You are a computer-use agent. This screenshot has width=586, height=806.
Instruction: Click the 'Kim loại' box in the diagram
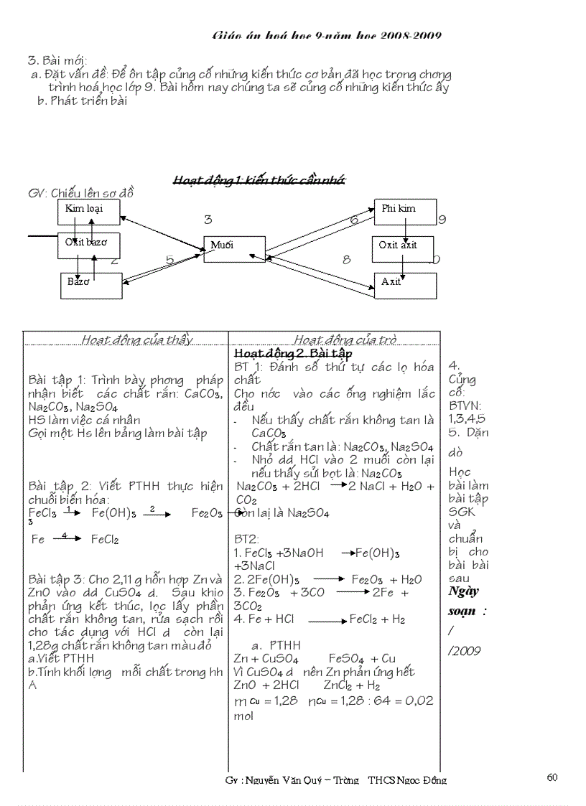pos(89,212)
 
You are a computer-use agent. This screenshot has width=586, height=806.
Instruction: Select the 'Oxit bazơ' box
pos(89,245)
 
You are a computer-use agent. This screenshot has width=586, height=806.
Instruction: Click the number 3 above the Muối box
pos(208,220)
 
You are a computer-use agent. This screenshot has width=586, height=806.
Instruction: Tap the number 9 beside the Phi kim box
pos(442,220)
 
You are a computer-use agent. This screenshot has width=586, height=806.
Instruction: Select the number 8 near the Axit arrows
pos(346,260)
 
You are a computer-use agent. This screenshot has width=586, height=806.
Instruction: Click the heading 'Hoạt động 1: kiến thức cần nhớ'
pos(259,180)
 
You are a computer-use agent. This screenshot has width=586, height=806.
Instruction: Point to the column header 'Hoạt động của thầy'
pos(136,340)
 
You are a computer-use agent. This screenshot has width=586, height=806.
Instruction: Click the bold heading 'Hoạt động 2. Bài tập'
pos(293,354)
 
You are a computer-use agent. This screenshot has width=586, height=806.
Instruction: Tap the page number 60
pos(552,777)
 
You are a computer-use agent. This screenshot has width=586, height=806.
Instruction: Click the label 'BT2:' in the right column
pos(246,539)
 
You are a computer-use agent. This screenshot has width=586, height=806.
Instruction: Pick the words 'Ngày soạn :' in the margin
pos(467,601)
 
